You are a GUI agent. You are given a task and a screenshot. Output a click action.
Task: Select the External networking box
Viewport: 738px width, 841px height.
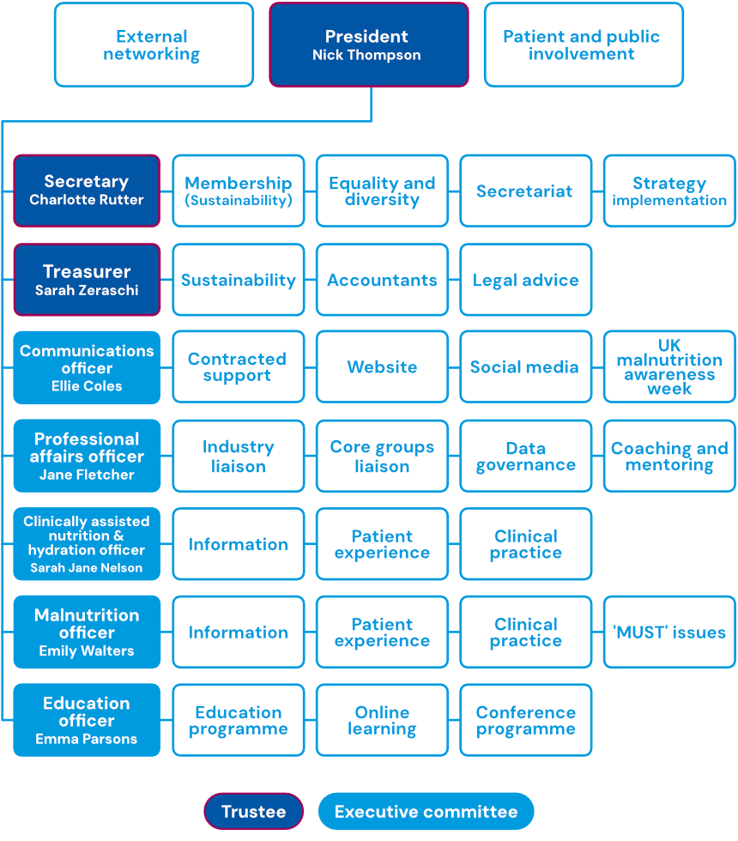click(x=154, y=45)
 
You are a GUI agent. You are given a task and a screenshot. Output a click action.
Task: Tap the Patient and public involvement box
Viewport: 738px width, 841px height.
click(x=584, y=45)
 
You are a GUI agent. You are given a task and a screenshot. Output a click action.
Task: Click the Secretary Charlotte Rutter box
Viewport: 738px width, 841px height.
click(x=87, y=191)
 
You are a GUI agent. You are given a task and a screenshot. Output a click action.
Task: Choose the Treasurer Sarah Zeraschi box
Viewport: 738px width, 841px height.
click(x=87, y=280)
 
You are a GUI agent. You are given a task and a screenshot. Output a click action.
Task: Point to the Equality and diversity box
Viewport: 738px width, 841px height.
click(x=382, y=191)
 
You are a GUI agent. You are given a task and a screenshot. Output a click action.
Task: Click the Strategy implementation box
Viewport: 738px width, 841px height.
click(x=669, y=191)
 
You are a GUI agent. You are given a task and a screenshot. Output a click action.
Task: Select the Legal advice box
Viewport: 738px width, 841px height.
click(x=526, y=280)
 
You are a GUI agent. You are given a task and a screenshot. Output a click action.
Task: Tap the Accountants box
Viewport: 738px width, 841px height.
click(x=382, y=280)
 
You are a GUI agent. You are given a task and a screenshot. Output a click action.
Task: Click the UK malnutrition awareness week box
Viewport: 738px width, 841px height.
click(x=669, y=367)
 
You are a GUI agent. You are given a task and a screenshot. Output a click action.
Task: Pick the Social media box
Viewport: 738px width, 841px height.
click(x=526, y=367)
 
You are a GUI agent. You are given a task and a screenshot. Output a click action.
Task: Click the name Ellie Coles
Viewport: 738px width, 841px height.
click(x=87, y=387)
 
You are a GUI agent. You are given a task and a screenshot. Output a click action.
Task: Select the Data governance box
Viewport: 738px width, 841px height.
click(x=526, y=456)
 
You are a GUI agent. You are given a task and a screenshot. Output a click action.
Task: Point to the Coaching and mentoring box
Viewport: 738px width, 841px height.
click(x=669, y=456)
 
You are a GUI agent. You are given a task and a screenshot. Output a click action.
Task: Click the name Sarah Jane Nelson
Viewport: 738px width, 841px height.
click(x=87, y=567)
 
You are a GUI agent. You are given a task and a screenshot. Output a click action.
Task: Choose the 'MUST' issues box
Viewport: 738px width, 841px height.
click(x=669, y=632)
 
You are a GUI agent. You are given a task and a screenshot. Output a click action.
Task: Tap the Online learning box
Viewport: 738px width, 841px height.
click(x=382, y=720)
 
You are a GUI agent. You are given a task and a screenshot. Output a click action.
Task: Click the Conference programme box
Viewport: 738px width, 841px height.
click(x=526, y=720)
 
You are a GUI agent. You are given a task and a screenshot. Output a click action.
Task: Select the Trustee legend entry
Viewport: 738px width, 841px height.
click(x=253, y=812)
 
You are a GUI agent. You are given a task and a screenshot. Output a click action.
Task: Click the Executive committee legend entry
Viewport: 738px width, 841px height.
click(x=426, y=812)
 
